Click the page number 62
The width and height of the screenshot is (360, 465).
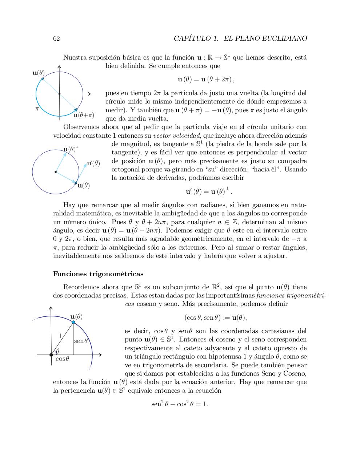pyautogui.click(x=56, y=39)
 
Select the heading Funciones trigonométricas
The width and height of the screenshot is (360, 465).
pyautogui.click(x=98, y=274)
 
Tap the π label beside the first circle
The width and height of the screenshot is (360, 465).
pyautogui.click(x=37, y=108)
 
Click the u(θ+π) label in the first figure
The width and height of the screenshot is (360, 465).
pyautogui.click(x=84, y=115)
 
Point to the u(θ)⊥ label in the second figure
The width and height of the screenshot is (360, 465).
pyautogui.click(x=71, y=149)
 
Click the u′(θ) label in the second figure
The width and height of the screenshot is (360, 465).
pyautogui.click(x=93, y=163)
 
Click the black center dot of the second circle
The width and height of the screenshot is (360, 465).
pyautogui.click(x=55, y=172)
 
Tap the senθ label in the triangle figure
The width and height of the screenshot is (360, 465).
pyautogui.click(x=81, y=341)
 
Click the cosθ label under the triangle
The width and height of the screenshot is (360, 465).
pyautogui.click(x=62, y=359)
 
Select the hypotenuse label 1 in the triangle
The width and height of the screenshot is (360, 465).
pyautogui.click(x=61, y=336)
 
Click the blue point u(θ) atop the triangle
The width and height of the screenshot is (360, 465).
pyautogui.click(x=73, y=322)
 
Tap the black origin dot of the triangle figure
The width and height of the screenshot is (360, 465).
pyautogui.click(x=51, y=355)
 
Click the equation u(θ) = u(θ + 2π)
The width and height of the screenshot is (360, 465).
pyautogui.click(x=206, y=79)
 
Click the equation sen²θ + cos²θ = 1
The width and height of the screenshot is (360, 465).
pyautogui.click(x=180, y=404)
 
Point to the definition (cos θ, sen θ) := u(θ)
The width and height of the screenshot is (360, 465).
pyautogui.click(x=216, y=318)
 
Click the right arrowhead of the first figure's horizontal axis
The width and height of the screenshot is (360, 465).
pyautogui.click(x=89, y=94)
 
